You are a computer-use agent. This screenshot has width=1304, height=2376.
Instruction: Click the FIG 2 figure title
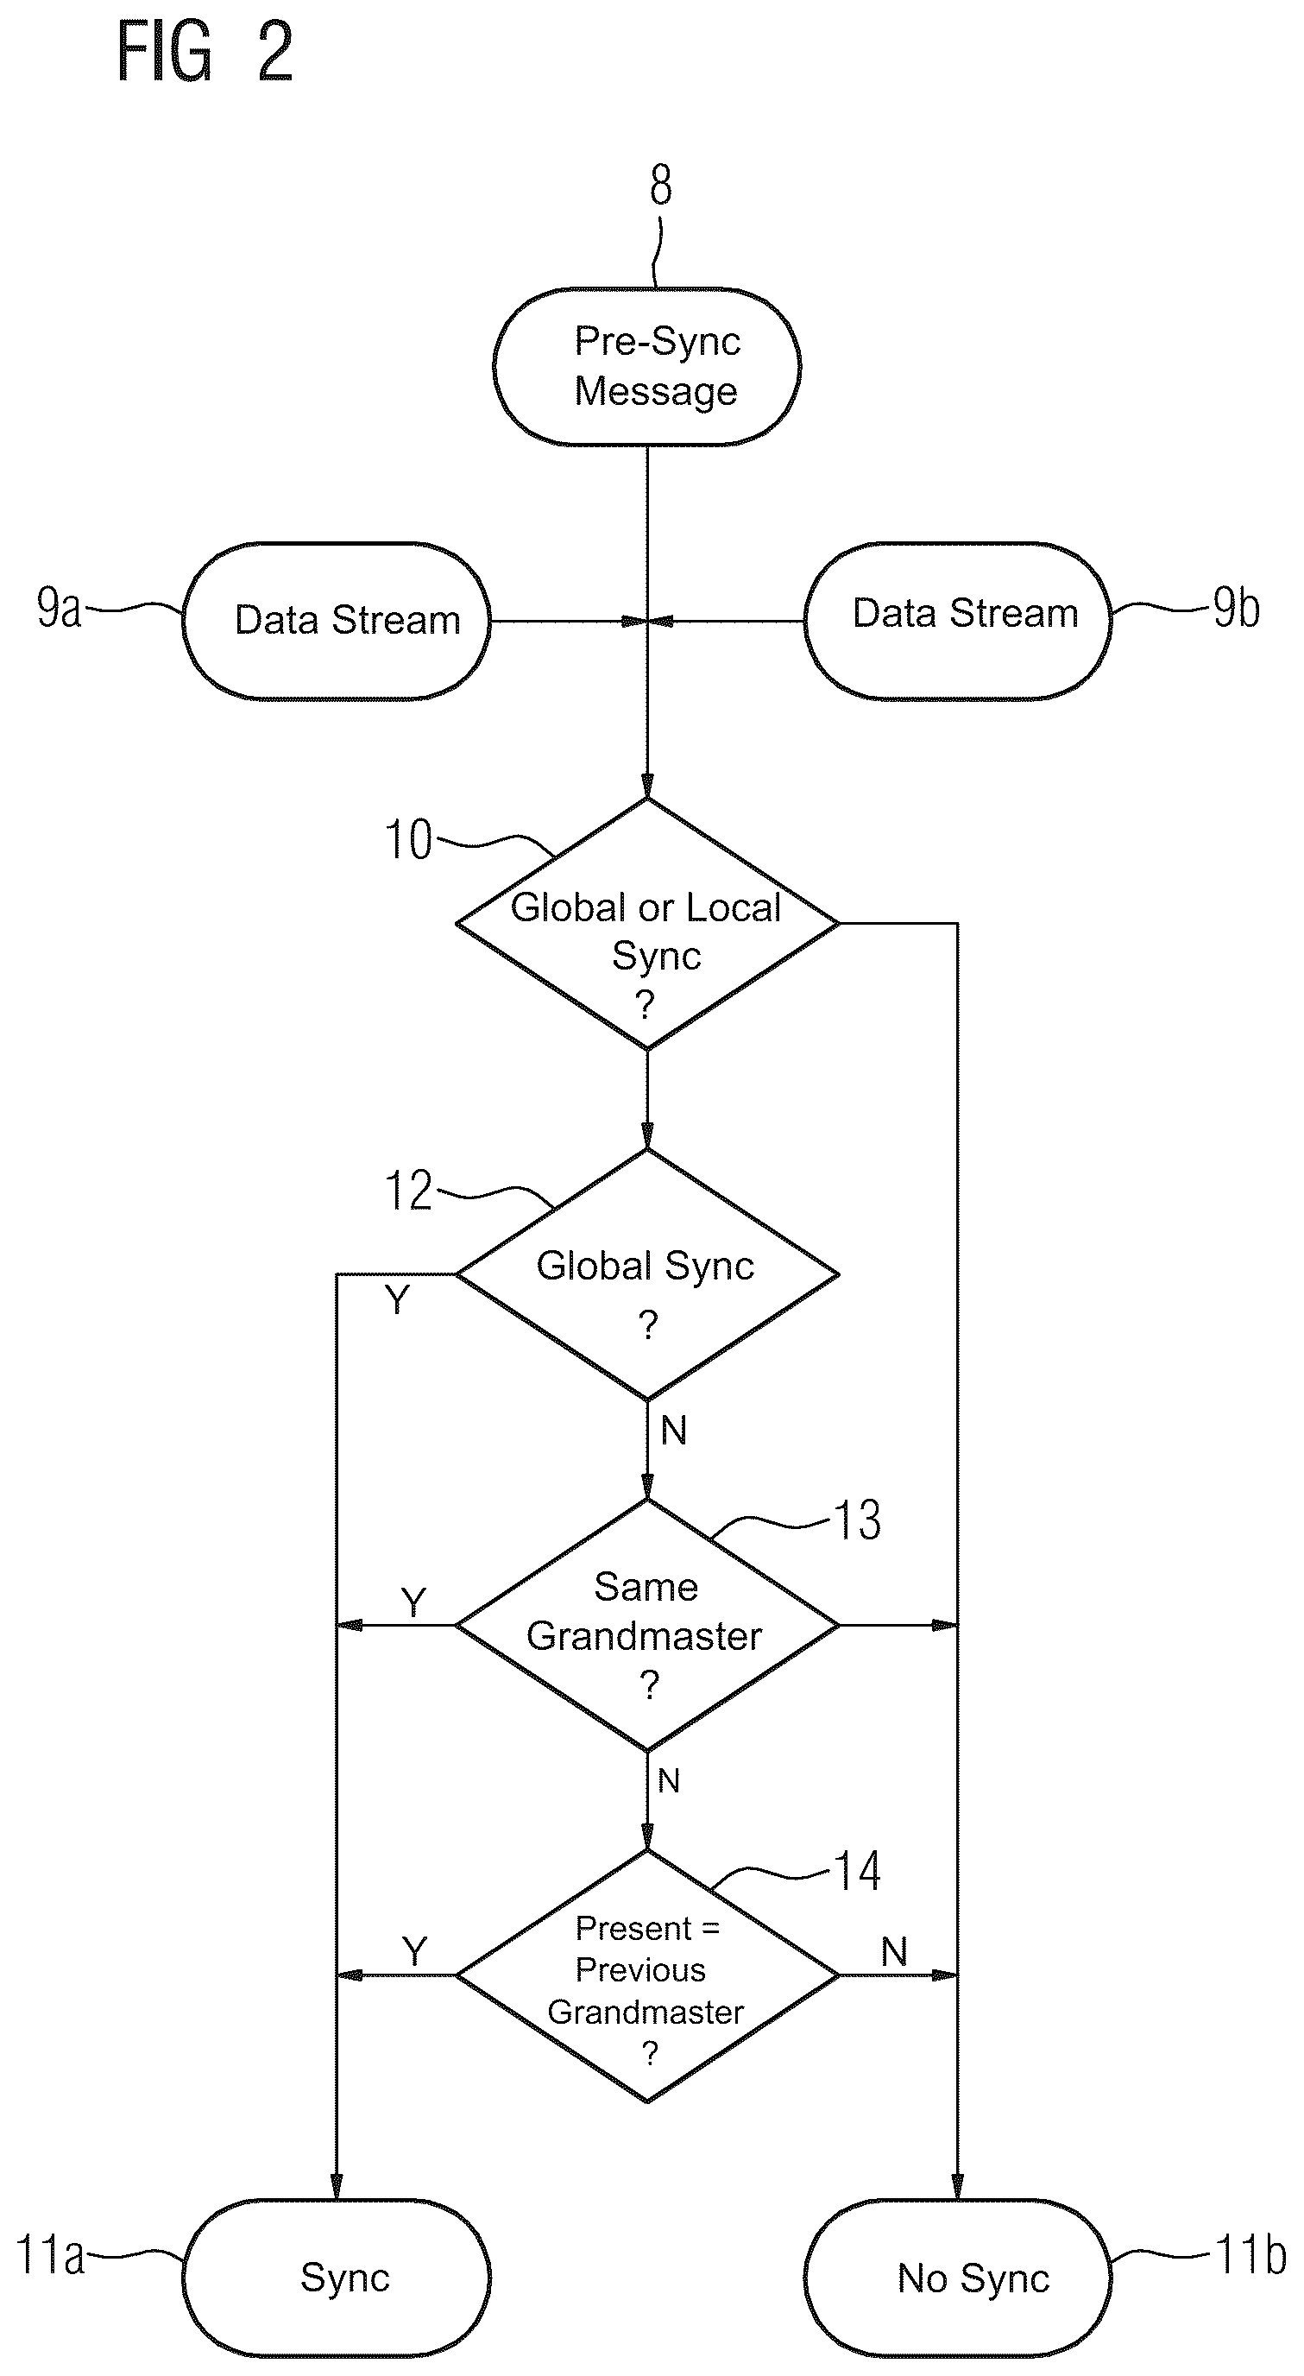[x=205, y=53]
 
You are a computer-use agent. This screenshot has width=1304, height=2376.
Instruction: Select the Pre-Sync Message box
[x=646, y=367]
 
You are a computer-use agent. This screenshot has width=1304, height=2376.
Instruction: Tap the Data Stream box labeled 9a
[x=337, y=621]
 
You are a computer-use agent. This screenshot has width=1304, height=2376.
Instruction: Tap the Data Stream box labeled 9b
[x=957, y=621]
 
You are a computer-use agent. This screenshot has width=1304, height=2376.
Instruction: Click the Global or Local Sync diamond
[x=647, y=923]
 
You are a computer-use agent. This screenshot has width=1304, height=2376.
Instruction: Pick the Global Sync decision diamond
[x=647, y=1274]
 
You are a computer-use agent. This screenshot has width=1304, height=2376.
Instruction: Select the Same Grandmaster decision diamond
[x=647, y=1625]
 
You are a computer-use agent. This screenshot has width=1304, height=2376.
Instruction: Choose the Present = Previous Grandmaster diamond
[x=647, y=1975]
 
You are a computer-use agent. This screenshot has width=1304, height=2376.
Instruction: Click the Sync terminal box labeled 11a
[x=337, y=2278]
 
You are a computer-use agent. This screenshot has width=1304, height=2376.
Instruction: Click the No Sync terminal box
[x=957, y=2278]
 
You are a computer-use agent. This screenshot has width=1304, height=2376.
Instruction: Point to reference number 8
[x=660, y=186]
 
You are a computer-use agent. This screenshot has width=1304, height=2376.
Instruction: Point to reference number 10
[x=407, y=840]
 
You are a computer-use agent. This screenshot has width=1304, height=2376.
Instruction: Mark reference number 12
[x=407, y=1191]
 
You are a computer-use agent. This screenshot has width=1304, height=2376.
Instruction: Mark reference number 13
[x=858, y=1520]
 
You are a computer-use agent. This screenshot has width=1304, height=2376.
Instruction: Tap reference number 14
[x=858, y=1872]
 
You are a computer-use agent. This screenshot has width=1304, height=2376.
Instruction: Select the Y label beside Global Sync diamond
[x=396, y=1299]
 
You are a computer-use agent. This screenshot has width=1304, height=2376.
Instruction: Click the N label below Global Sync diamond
[x=673, y=1431]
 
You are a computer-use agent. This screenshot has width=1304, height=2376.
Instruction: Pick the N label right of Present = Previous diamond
[x=893, y=1952]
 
